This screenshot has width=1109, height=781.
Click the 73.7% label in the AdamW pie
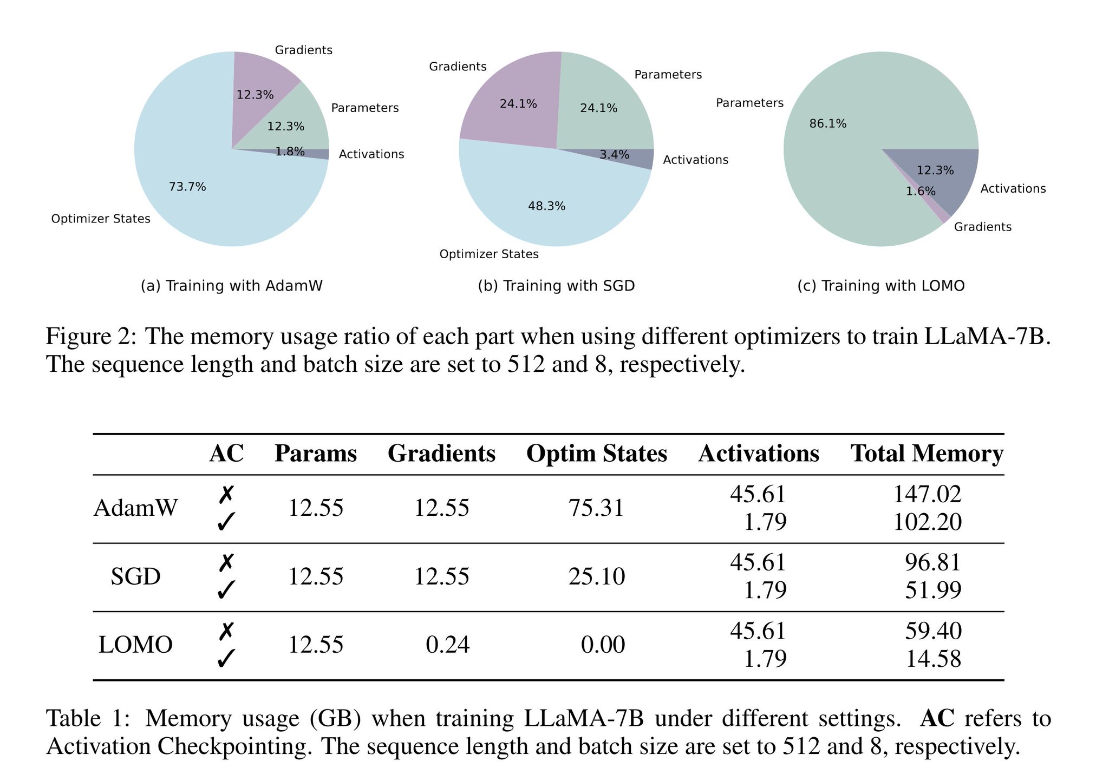click(x=187, y=187)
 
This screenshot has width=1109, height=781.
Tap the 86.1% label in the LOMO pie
click(x=827, y=124)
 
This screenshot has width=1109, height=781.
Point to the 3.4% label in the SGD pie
click(x=614, y=155)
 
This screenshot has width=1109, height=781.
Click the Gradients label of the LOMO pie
click(x=982, y=227)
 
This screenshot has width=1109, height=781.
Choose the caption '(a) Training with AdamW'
click(x=231, y=286)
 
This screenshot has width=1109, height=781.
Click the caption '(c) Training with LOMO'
click(x=880, y=286)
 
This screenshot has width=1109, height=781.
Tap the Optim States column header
click(x=596, y=454)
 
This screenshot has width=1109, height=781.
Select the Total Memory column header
click(x=927, y=454)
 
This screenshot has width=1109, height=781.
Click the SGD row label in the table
click(x=135, y=577)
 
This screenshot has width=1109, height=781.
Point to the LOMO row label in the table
click(x=135, y=645)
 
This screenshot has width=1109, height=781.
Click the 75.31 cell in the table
click(x=596, y=508)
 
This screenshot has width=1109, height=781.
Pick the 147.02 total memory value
click(x=927, y=494)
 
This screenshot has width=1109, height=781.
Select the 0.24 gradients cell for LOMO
click(x=447, y=645)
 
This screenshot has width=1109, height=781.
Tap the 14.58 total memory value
click(x=933, y=659)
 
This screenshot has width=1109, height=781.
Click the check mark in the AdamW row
click(x=225, y=522)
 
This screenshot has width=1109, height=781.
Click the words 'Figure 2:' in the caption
click(x=90, y=337)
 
